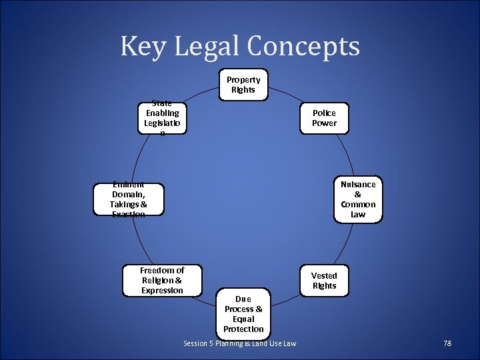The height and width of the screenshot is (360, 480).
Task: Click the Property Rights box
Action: point(243,85)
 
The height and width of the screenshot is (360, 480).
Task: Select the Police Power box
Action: point(324,119)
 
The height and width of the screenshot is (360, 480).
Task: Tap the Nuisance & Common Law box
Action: point(358,199)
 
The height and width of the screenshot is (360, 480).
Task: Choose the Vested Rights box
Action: point(324,281)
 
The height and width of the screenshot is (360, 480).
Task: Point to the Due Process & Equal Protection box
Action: point(243,314)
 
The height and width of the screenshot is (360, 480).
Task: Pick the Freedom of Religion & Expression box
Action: point(162,280)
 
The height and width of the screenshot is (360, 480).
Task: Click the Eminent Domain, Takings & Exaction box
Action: point(129,199)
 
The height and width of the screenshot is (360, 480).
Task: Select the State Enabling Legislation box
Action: point(161,118)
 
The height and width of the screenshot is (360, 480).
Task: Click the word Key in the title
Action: point(143,47)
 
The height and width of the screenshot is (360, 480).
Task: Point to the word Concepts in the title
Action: point(303,47)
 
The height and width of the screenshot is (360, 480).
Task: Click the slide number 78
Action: point(447,343)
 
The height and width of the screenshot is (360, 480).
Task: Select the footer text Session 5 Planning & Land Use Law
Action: point(239,343)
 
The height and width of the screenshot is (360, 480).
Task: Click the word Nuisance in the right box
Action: point(358,184)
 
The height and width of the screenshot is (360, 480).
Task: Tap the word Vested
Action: point(324,275)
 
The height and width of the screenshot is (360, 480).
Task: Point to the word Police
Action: point(324,113)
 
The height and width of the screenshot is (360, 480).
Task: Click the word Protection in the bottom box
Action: point(243,329)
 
